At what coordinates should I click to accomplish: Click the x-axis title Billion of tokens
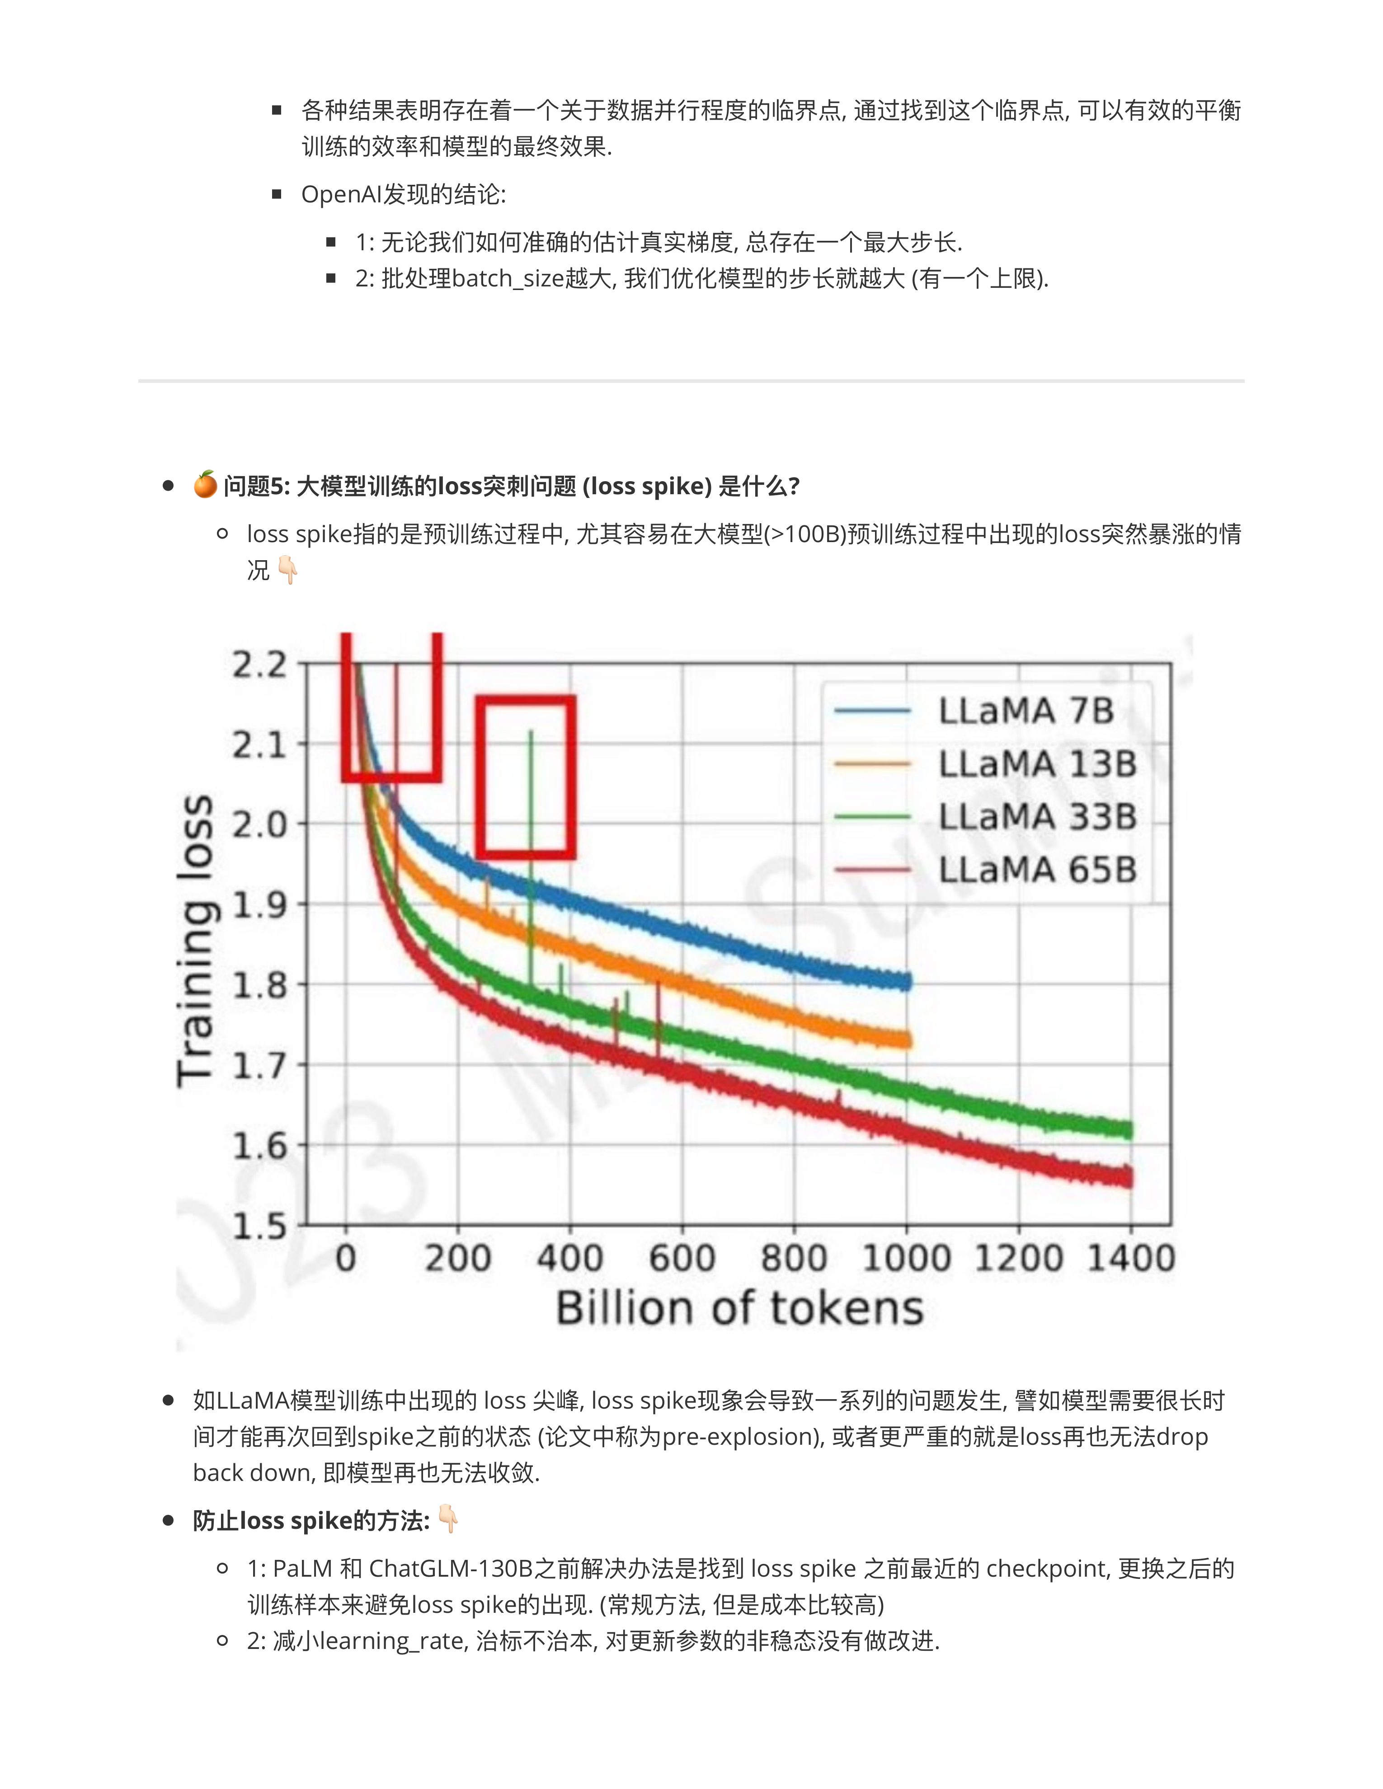(739, 1308)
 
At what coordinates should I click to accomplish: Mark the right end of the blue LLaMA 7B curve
(907, 980)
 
